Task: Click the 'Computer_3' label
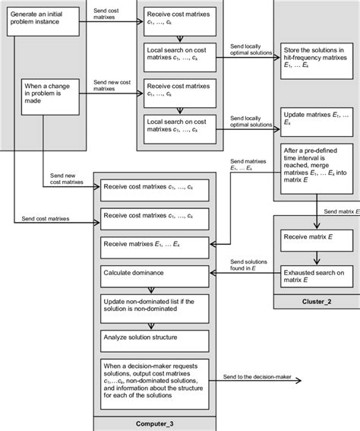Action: pos(155,423)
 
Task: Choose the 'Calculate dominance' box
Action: pos(155,272)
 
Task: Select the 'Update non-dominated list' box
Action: pos(155,306)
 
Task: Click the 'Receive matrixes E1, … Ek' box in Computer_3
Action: pos(155,244)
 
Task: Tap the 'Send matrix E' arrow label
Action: pos(340,212)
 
